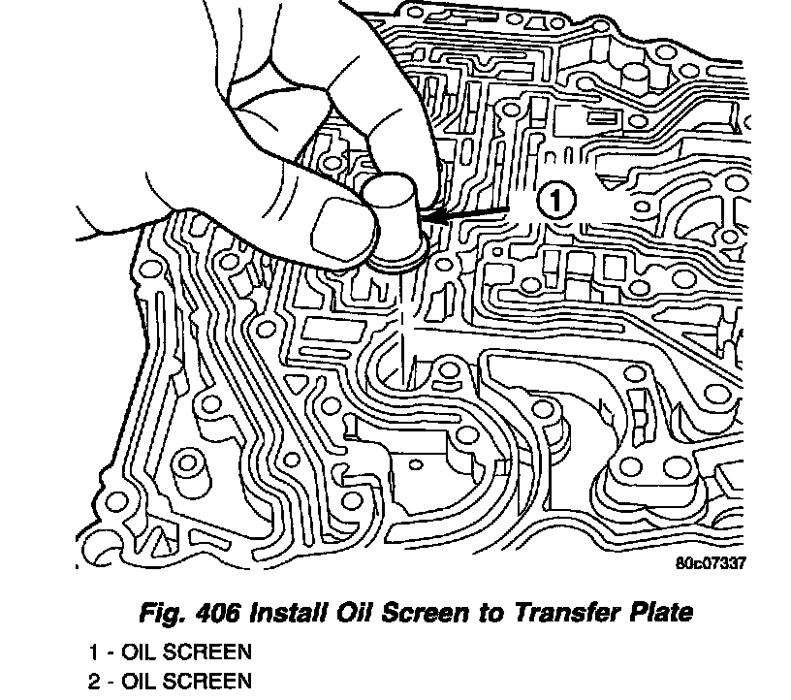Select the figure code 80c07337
coord(712,562)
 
